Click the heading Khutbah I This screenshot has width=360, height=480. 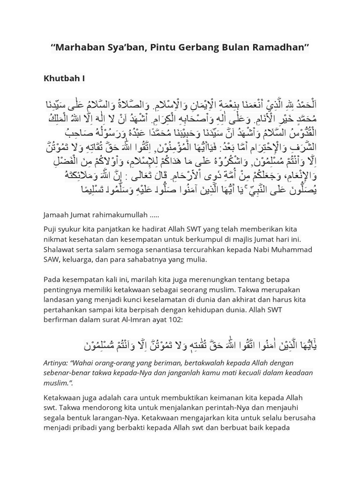64,78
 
